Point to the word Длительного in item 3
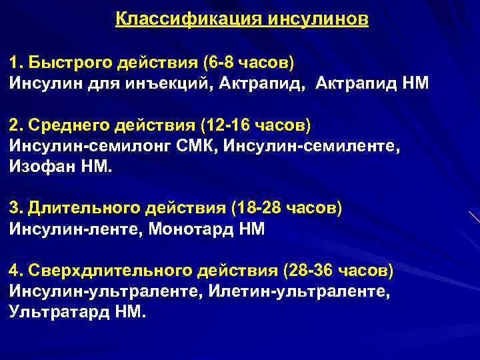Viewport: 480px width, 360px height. tap(83, 209)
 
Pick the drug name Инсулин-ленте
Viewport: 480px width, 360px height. tap(67, 229)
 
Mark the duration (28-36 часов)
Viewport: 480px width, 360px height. tap(338, 271)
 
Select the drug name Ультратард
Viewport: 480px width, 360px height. tap(59, 312)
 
